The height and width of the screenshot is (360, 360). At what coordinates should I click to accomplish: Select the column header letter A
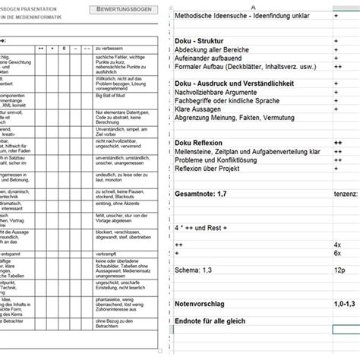point(253,5)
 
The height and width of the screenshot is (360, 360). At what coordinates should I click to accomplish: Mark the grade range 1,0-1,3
point(344,302)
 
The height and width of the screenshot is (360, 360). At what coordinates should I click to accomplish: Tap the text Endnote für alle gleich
point(220,321)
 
